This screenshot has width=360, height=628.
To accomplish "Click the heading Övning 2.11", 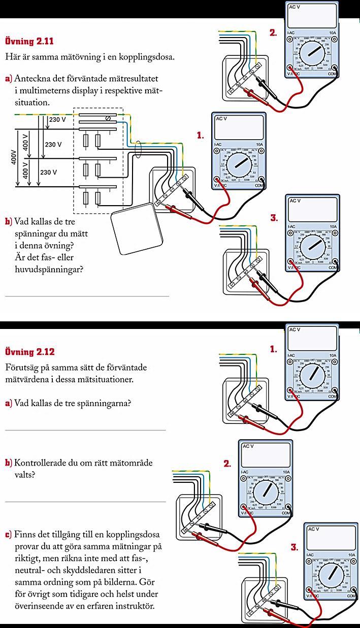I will point(29,41).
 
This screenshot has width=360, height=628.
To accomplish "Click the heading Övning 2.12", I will point(29,352).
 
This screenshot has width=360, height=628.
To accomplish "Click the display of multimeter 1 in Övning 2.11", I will point(239,127).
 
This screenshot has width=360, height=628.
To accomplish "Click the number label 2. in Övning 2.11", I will point(273,33).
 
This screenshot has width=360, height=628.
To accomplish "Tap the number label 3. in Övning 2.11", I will point(274,218).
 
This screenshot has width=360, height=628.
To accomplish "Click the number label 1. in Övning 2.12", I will point(273,349).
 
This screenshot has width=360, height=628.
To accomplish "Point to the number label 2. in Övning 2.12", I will point(227,464).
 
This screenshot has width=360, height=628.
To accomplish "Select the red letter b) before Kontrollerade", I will point(8,463).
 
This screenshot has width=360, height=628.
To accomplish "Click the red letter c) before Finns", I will point(8,535).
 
